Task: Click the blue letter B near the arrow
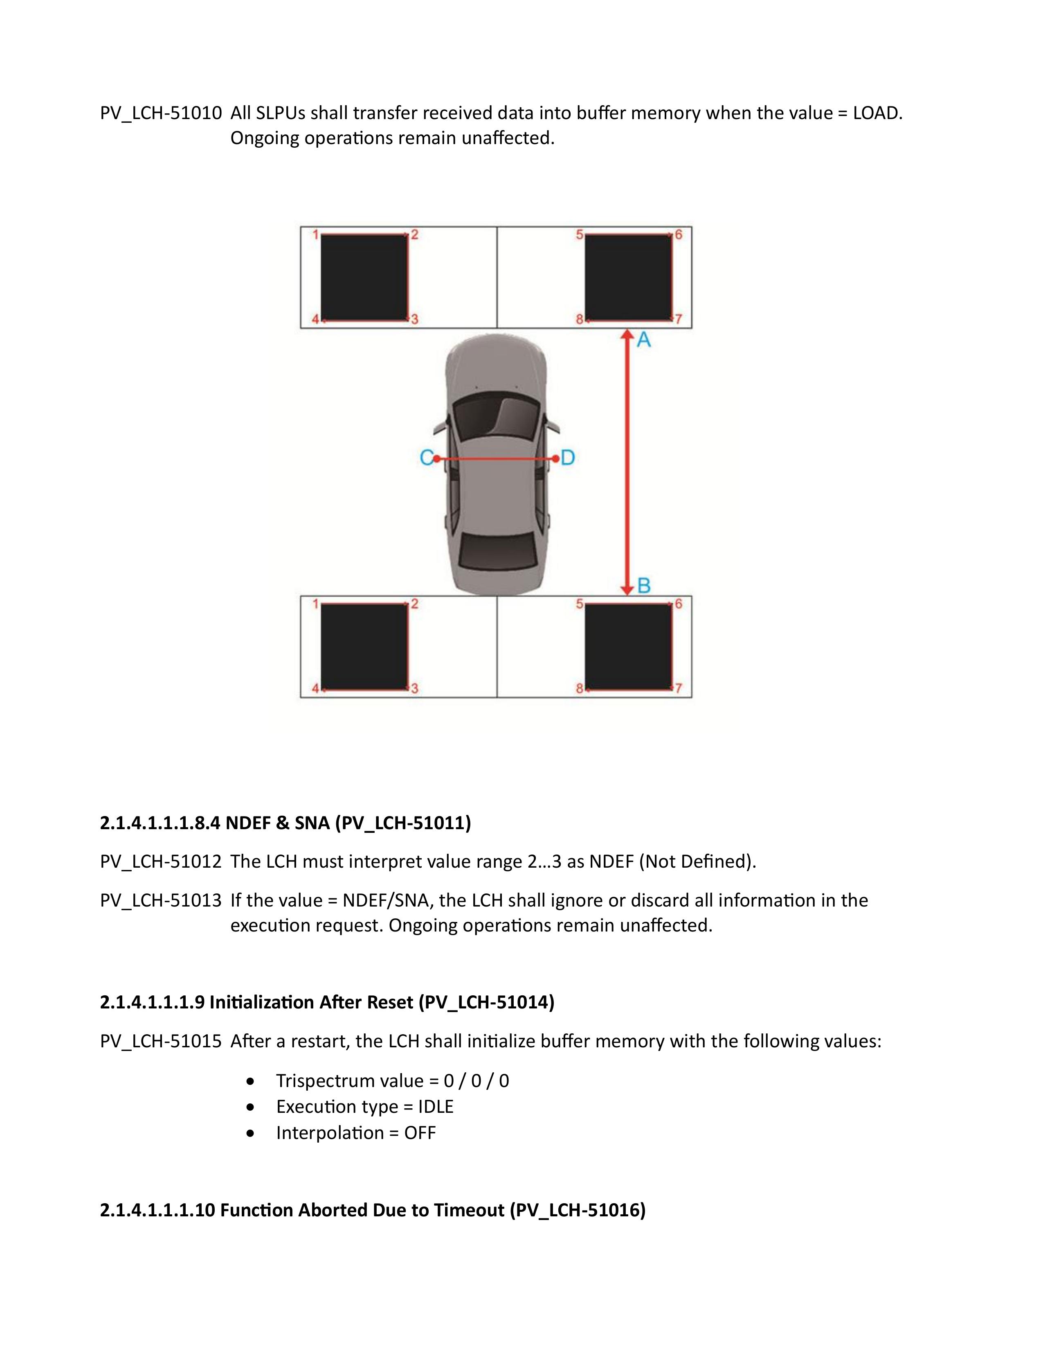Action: [644, 585]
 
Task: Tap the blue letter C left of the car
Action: [426, 458]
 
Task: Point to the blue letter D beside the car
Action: [568, 458]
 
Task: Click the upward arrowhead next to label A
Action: [627, 335]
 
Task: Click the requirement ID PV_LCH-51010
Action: [161, 113]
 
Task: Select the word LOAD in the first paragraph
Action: [876, 113]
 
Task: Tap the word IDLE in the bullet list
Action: [435, 1107]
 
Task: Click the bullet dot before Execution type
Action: [250, 1107]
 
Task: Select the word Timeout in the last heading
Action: [469, 1209]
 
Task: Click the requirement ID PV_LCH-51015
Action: [161, 1041]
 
